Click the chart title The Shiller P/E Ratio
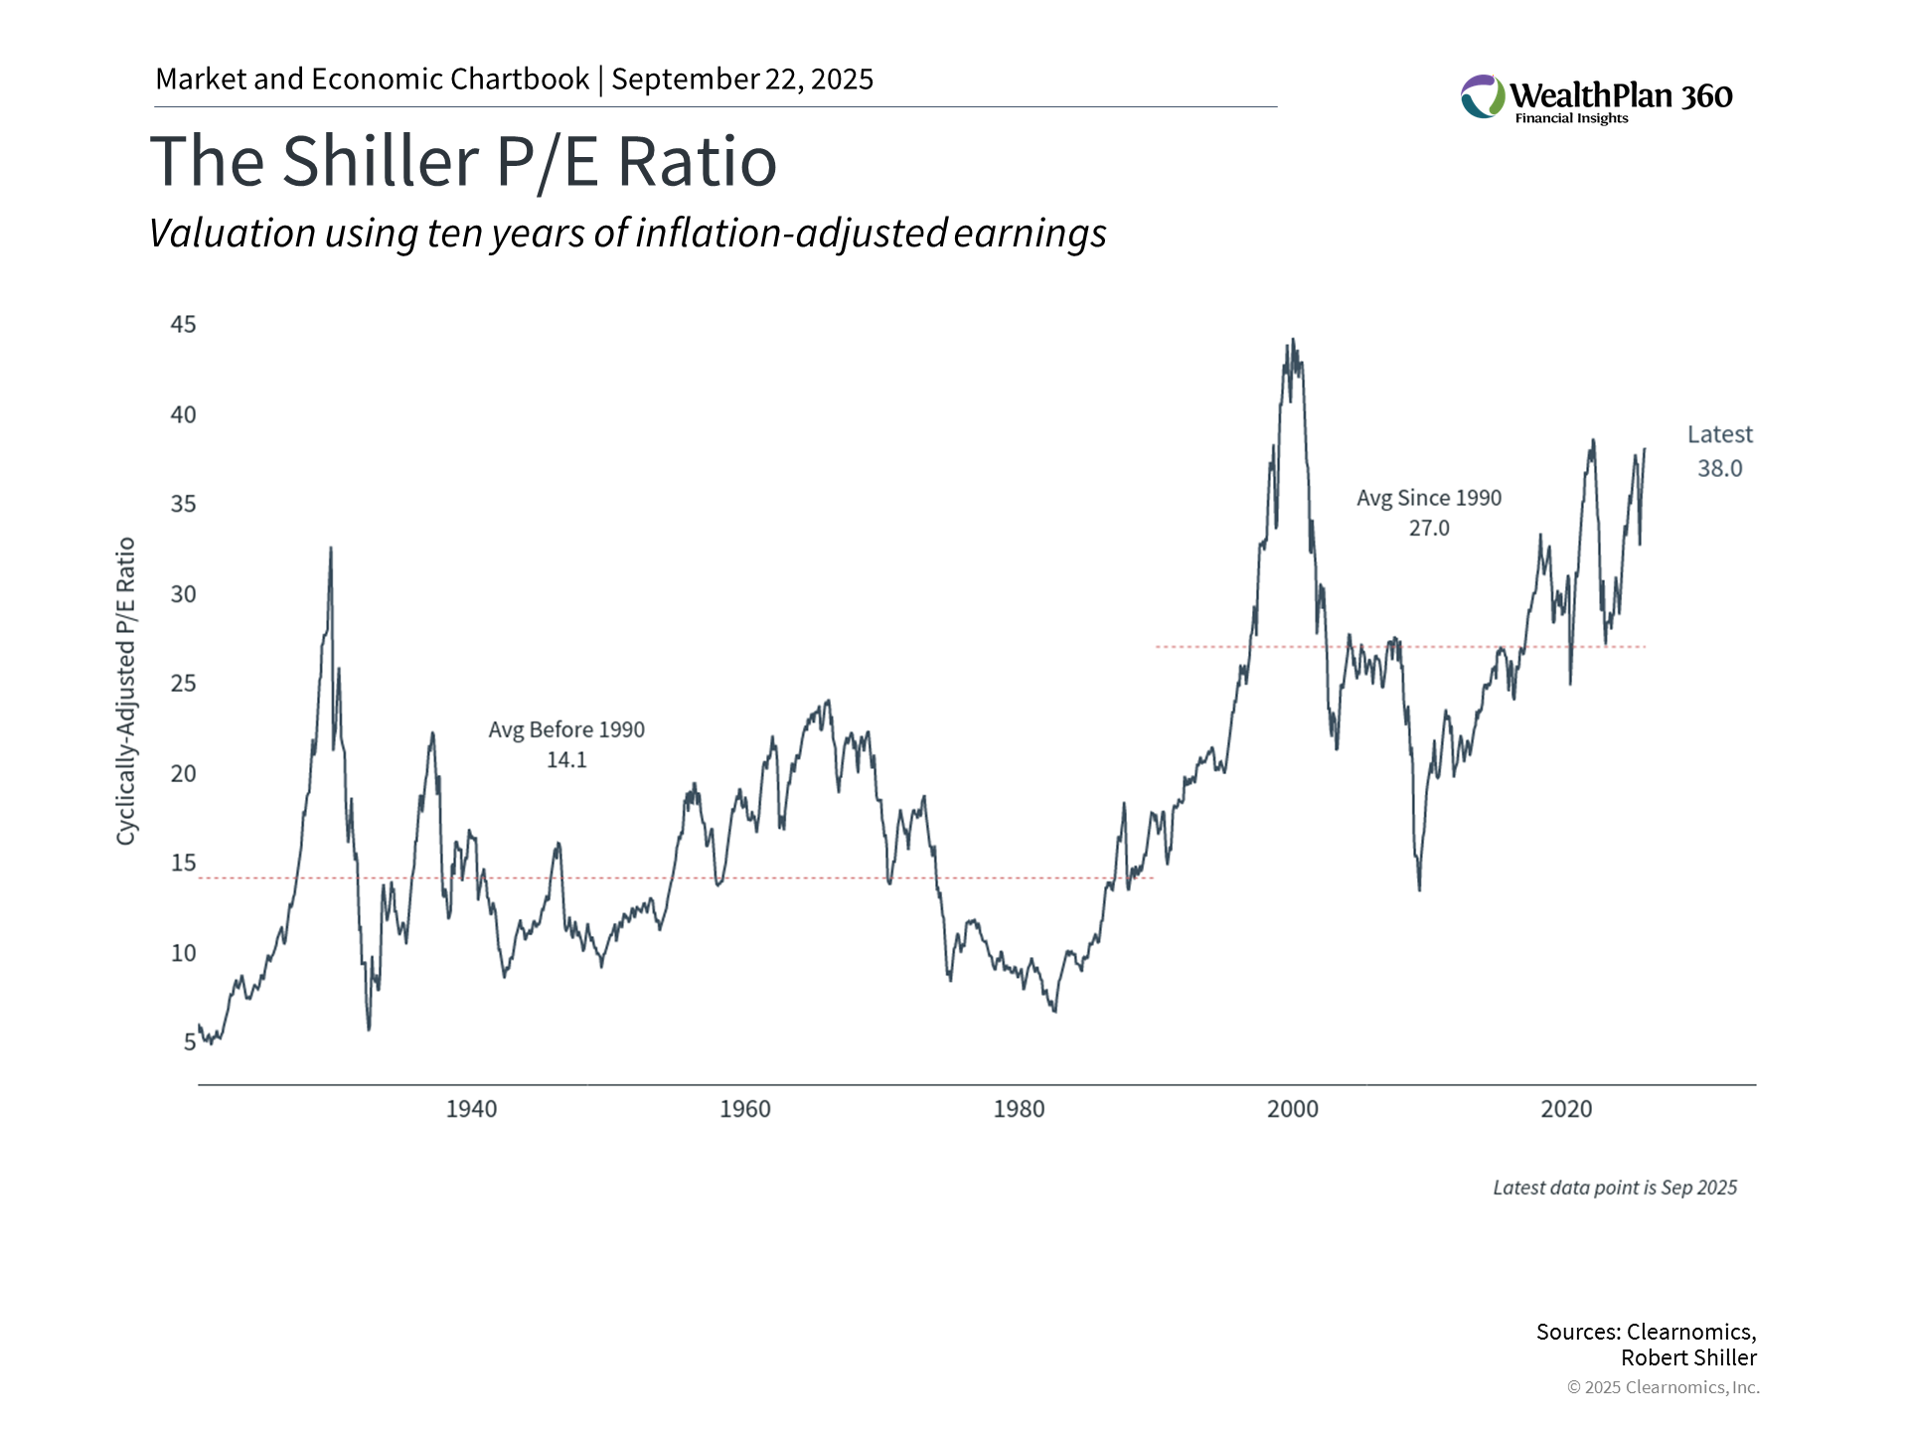click(x=463, y=161)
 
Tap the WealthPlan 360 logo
click(x=1596, y=98)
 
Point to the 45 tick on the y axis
click(x=183, y=325)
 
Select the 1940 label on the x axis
click(x=471, y=1109)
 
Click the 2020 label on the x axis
click(x=1566, y=1109)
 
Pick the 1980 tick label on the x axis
click(x=1019, y=1109)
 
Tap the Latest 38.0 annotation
click(x=1719, y=452)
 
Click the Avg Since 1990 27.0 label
click(x=1429, y=513)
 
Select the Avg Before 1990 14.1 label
click(x=566, y=744)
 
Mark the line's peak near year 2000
click(x=1292, y=340)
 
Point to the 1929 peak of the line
click(x=331, y=548)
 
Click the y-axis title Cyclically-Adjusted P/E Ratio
click(x=126, y=691)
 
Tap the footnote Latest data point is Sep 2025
click(x=1615, y=1188)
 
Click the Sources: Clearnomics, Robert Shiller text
click(x=1646, y=1345)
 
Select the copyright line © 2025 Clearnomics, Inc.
click(x=1663, y=1387)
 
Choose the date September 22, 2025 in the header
click(x=742, y=79)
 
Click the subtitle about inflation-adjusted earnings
click(x=627, y=234)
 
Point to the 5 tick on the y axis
click(x=189, y=1042)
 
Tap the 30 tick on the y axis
click(x=183, y=594)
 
